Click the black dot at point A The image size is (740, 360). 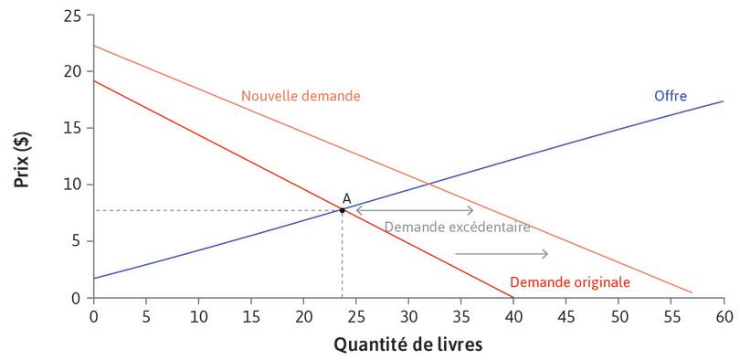point(342,210)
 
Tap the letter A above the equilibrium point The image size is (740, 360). point(346,197)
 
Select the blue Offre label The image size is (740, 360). point(670,95)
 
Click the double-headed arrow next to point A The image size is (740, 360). point(414,210)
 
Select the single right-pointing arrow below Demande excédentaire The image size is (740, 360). point(502,253)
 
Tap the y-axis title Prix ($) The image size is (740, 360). point(20,157)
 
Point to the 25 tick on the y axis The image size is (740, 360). point(72,16)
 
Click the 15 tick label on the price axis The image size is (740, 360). point(72,129)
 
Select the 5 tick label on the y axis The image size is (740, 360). point(77,241)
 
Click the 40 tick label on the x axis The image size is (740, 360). point(513,315)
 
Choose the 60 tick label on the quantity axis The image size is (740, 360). point(724,315)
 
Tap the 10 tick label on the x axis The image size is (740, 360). point(198,315)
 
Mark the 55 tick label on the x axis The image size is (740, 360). point(671,315)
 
